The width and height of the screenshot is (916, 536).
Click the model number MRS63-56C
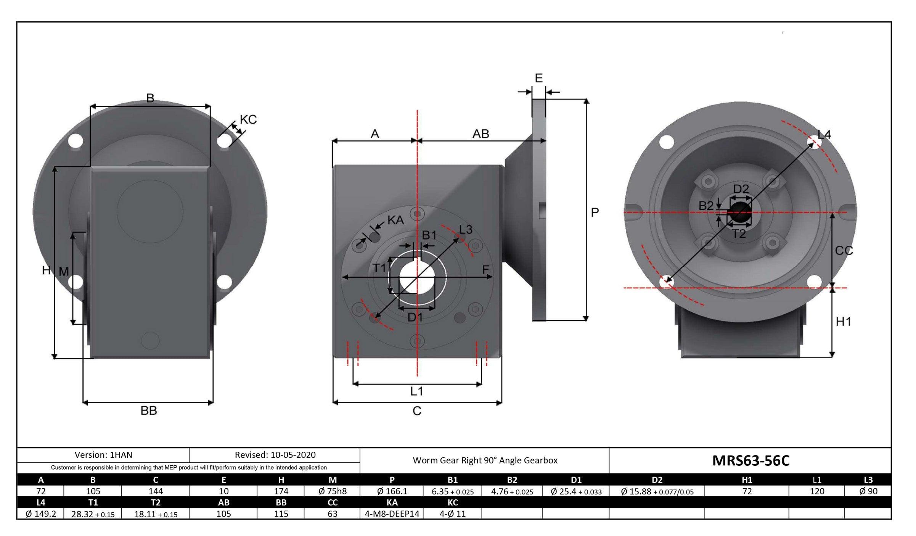pyautogui.click(x=750, y=461)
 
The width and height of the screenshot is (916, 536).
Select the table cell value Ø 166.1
pyautogui.click(x=392, y=491)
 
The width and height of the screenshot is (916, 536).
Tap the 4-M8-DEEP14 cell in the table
pyautogui.click(x=392, y=514)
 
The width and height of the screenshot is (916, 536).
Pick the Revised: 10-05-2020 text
pyautogui.click(x=275, y=455)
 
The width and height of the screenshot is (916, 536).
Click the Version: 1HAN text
pyautogui.click(x=103, y=455)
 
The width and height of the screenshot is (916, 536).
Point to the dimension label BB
pyautogui.click(x=149, y=411)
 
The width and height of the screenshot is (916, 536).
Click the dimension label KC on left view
pyautogui.click(x=248, y=120)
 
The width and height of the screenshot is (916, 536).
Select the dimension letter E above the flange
pyautogui.click(x=538, y=78)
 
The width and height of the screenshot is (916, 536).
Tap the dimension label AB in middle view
pyautogui.click(x=480, y=134)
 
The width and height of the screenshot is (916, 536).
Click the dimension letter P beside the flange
pyautogui.click(x=595, y=212)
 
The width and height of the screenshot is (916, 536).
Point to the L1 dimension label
pyautogui.click(x=417, y=391)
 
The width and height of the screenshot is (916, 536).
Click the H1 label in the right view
pyautogui.click(x=843, y=322)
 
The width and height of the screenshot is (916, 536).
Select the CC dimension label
pyautogui.click(x=844, y=251)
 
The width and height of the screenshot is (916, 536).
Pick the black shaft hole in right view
pyautogui.click(x=739, y=212)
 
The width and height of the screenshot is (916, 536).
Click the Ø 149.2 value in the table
pyautogui.click(x=41, y=514)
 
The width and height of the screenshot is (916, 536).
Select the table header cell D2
pyautogui.click(x=657, y=480)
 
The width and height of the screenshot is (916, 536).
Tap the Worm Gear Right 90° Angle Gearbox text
pyautogui.click(x=485, y=460)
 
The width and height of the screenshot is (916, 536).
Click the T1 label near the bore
pyautogui.click(x=379, y=268)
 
